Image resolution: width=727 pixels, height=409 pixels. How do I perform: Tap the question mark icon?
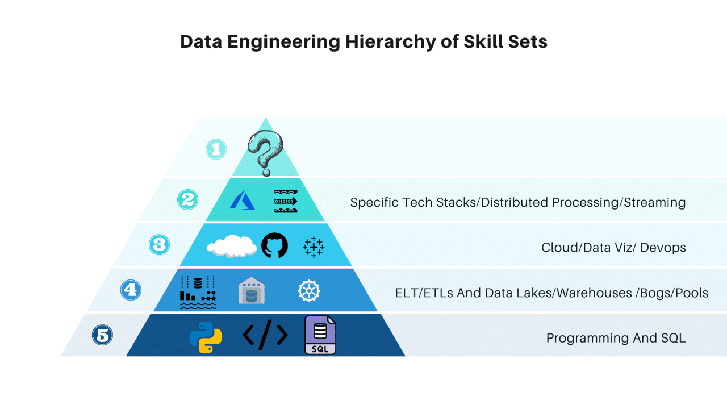(x=265, y=151)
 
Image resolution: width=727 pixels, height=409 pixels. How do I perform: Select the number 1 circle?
(x=216, y=149)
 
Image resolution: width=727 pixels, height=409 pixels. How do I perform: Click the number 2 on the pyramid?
(x=188, y=199)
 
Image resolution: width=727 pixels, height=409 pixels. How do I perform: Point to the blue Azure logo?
(x=243, y=201)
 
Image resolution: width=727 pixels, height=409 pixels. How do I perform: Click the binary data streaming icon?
(x=286, y=201)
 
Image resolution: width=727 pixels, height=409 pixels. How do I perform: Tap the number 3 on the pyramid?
(x=160, y=244)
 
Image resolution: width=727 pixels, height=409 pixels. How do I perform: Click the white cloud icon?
(x=232, y=246)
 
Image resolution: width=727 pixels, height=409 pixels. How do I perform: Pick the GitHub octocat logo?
(x=274, y=246)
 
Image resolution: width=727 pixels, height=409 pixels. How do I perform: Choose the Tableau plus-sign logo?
(x=314, y=247)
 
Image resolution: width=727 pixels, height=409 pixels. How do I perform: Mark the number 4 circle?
(x=130, y=290)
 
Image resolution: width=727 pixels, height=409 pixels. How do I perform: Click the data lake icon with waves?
(x=198, y=292)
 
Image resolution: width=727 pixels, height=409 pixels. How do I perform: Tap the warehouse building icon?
(x=252, y=291)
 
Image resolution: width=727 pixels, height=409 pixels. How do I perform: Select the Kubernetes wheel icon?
(x=309, y=291)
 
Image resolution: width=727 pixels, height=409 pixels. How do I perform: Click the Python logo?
(x=206, y=337)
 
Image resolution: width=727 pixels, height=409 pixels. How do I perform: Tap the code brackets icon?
(x=265, y=336)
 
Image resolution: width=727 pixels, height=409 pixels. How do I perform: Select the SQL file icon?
(x=320, y=336)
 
